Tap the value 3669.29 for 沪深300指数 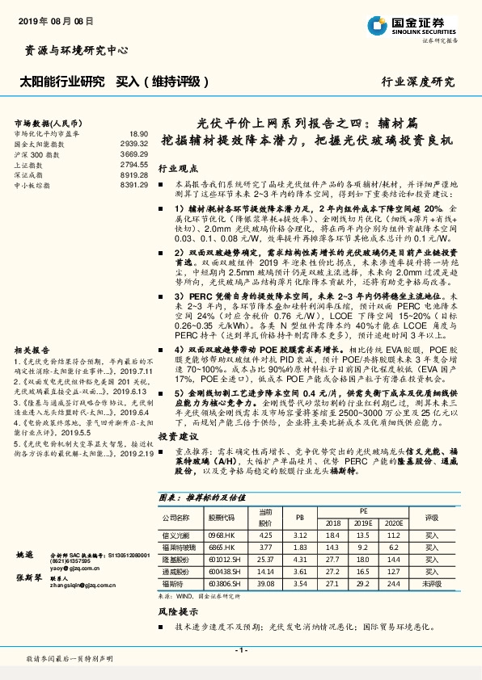(x=133, y=153)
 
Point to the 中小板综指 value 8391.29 (x=133, y=185)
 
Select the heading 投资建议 (x=177, y=435)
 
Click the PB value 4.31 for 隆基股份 (x=299, y=558)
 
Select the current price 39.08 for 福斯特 (x=265, y=581)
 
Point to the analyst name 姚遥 (x=26, y=556)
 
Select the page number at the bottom (x=240, y=649)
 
